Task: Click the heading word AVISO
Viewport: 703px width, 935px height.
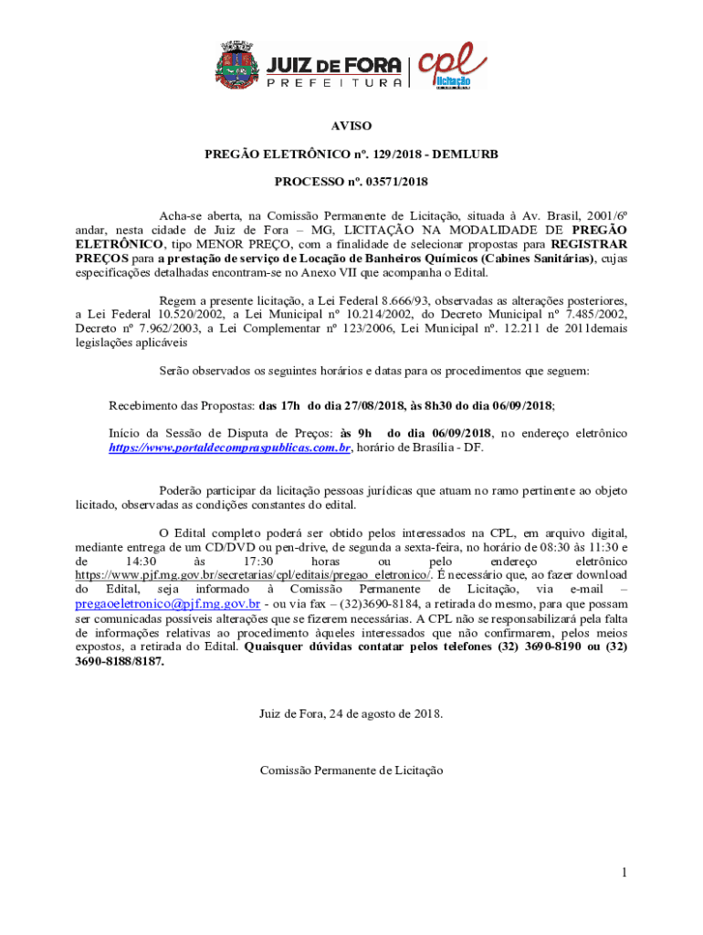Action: click(351, 126)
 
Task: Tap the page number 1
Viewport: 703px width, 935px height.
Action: click(624, 873)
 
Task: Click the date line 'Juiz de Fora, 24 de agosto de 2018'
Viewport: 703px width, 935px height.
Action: click(351, 713)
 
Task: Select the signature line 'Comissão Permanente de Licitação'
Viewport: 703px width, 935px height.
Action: click(351, 771)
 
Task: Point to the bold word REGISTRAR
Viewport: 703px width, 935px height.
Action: click(589, 245)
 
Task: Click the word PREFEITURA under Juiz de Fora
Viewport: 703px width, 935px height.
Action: click(334, 83)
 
